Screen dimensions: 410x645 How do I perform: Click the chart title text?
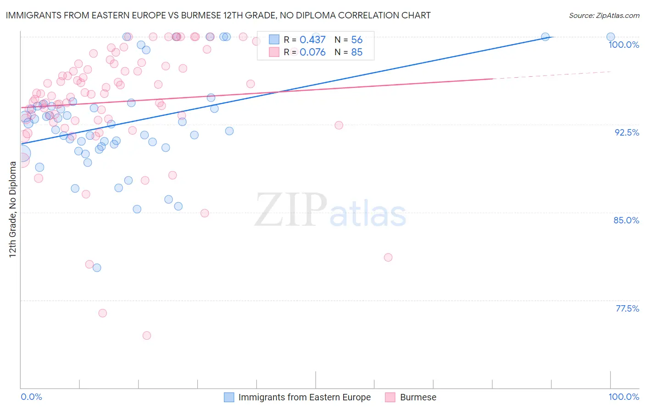pyautogui.click(x=218, y=15)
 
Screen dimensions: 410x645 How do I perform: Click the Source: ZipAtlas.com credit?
pyautogui.click(x=604, y=15)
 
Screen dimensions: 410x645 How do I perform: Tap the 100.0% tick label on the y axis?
pyautogui.click(x=623, y=45)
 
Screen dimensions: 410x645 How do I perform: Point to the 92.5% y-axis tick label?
pyautogui.click(x=627, y=132)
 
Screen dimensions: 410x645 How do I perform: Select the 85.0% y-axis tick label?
pyautogui.click(x=626, y=220)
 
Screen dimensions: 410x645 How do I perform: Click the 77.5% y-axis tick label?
pyautogui.click(x=627, y=308)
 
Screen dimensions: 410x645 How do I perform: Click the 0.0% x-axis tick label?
pyautogui.click(x=31, y=397)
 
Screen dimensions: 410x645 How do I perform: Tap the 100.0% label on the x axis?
pyautogui.click(x=623, y=397)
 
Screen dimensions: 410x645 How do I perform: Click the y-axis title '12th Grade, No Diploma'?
pyautogui.click(x=13, y=209)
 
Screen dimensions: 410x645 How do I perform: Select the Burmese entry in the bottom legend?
pyautogui.click(x=417, y=397)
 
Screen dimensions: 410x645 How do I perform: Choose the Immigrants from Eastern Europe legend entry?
pyautogui.click(x=304, y=397)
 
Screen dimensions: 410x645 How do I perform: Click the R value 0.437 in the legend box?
pyautogui.click(x=312, y=40)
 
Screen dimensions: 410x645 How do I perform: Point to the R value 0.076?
pyautogui.click(x=312, y=52)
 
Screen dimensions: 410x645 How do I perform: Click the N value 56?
pyautogui.click(x=356, y=40)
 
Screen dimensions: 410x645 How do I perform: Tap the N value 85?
pyautogui.click(x=356, y=52)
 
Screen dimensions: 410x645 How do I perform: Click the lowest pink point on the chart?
pyautogui.click(x=147, y=336)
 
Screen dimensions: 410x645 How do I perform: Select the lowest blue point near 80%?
pyautogui.click(x=97, y=268)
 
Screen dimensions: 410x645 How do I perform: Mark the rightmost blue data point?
pyautogui.click(x=611, y=37)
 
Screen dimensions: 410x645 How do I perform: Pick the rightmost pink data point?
pyautogui.click(x=388, y=257)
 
